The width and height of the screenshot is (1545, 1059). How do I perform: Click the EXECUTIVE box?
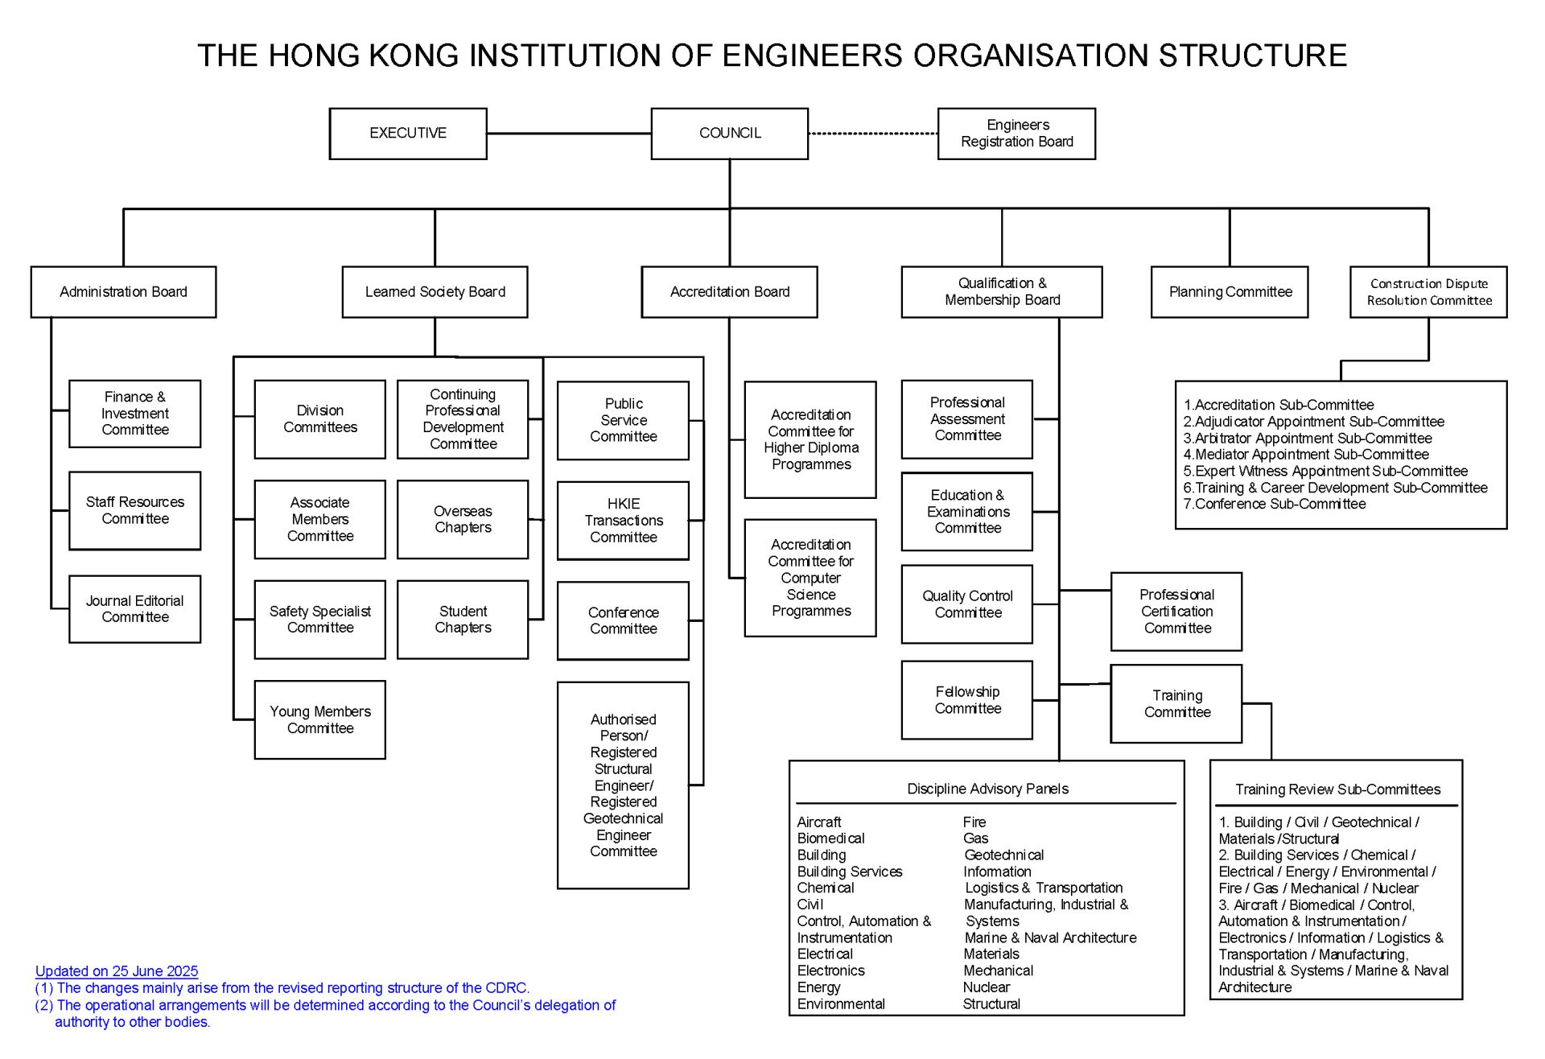point(408,134)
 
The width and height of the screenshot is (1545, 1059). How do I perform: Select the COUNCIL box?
point(730,134)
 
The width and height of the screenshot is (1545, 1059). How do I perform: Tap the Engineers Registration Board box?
point(1017,134)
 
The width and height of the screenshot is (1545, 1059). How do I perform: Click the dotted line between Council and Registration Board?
point(873,134)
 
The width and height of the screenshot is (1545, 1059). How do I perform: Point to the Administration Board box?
point(123,292)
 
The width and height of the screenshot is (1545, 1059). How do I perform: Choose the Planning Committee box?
point(1230,292)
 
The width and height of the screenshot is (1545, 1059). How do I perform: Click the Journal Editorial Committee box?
point(135,609)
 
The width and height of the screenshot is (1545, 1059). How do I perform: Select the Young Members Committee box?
point(320,720)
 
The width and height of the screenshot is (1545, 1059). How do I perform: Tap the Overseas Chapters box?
point(463,520)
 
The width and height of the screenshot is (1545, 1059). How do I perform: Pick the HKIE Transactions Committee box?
point(624,521)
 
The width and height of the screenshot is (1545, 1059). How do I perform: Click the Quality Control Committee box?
point(967,604)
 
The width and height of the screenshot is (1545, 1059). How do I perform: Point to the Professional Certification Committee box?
point(1176,612)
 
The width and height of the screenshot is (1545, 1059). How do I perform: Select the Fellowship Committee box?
point(967,700)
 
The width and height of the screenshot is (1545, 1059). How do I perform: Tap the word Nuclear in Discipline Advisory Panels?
point(987,987)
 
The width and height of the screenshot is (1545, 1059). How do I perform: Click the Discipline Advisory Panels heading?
point(987,789)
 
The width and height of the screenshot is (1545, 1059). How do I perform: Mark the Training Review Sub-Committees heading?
point(1337,790)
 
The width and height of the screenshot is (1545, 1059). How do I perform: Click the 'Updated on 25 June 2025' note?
point(117,971)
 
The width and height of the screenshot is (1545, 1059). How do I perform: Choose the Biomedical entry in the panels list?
point(830,839)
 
